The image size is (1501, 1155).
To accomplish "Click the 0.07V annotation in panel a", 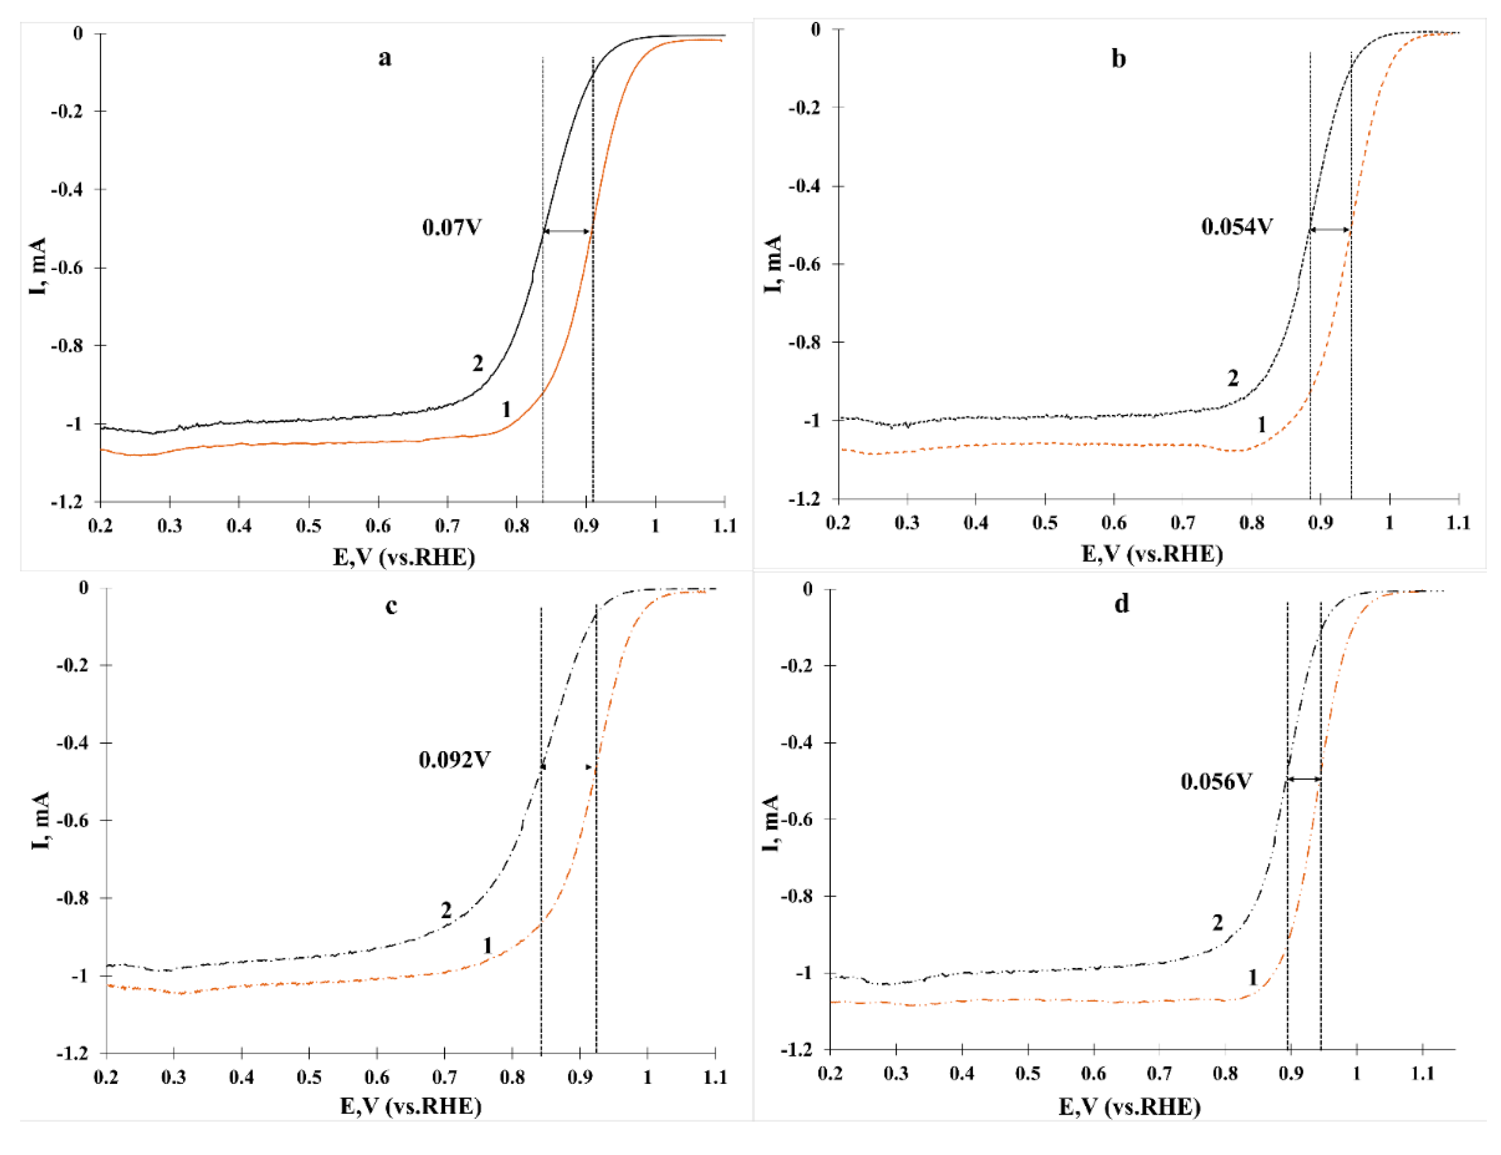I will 452,228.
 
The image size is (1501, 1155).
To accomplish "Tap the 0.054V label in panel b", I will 1236,227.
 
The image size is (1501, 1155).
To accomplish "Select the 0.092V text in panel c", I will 454,760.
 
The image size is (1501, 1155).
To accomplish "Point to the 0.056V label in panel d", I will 1216,782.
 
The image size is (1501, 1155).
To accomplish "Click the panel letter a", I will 385,58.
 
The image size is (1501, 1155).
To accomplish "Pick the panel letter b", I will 1119,59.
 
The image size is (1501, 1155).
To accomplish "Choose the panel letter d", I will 1121,604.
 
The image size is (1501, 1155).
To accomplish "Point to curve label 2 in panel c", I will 446,910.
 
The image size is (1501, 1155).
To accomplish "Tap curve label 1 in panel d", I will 1252,977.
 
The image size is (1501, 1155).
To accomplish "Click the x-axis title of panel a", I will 404,557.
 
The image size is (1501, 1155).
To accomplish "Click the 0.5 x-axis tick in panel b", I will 1045,523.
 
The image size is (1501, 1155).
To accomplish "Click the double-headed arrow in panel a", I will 568,232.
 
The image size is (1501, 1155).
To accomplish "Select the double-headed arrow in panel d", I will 1304,779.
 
